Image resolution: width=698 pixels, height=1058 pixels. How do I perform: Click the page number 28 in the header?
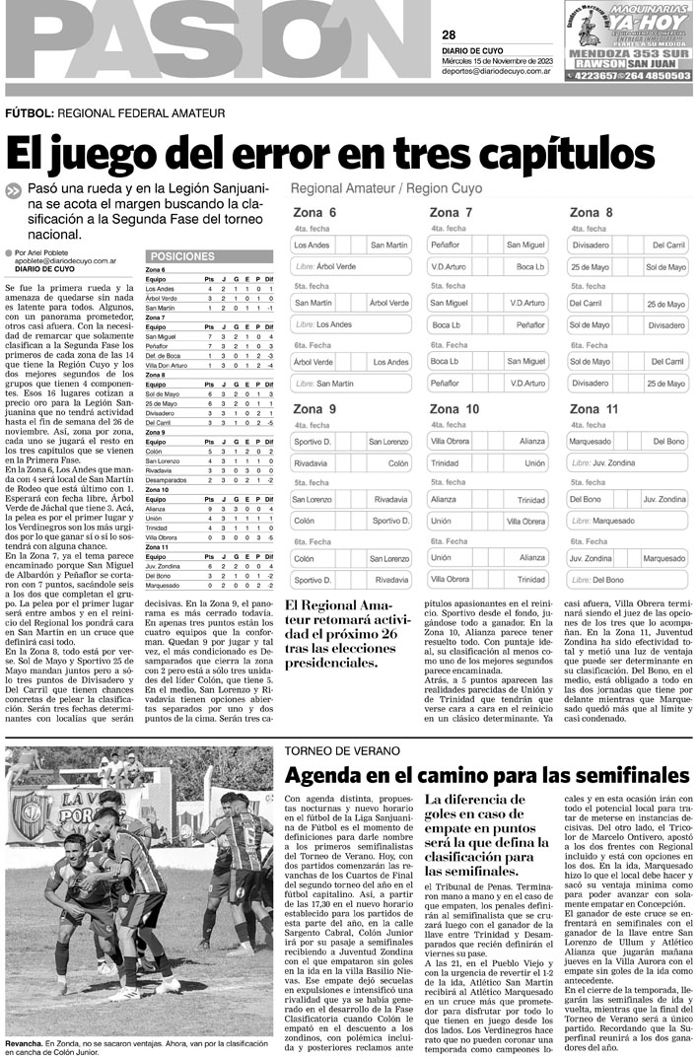(x=449, y=35)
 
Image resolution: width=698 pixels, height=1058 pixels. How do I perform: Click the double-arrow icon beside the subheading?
(x=13, y=191)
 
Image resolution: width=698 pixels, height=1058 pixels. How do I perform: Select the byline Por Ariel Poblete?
(x=46, y=251)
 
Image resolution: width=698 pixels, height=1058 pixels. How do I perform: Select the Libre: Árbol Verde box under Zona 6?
(x=351, y=267)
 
